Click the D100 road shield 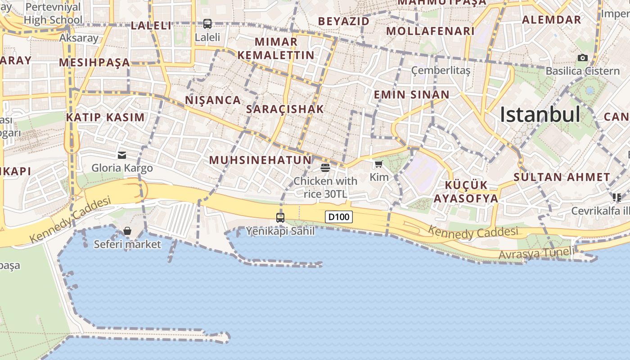(x=338, y=217)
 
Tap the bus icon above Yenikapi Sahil (x=280, y=218)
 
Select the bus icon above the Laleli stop (x=207, y=24)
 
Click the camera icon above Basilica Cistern (x=583, y=58)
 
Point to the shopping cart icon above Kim (x=378, y=164)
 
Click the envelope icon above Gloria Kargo (x=122, y=155)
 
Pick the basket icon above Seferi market (x=127, y=231)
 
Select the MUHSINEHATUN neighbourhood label (x=260, y=160)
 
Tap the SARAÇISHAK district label (x=285, y=109)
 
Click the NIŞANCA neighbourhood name (x=213, y=100)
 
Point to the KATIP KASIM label (x=106, y=117)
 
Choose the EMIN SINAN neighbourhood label (x=412, y=94)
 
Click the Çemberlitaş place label (x=441, y=71)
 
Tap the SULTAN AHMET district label (x=562, y=177)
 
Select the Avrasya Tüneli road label (x=536, y=254)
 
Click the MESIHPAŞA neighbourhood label (x=94, y=62)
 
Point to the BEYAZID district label (x=344, y=21)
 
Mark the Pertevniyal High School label (x=53, y=13)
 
